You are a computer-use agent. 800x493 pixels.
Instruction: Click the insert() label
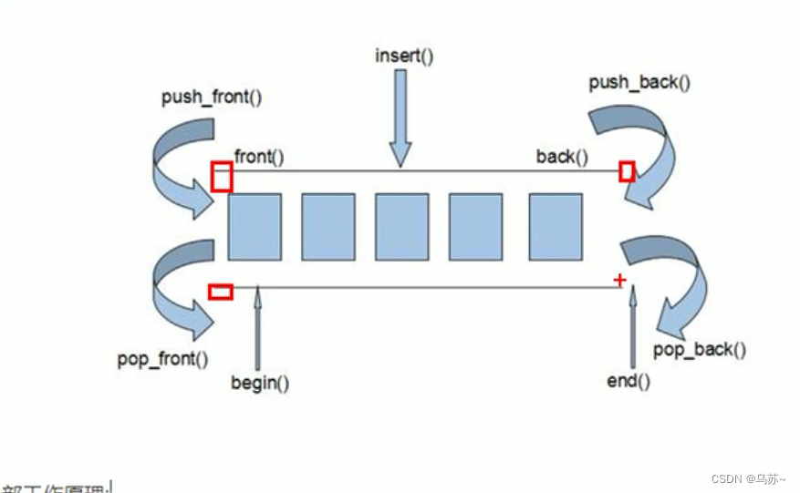(x=404, y=55)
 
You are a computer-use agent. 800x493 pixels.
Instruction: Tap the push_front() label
(x=212, y=96)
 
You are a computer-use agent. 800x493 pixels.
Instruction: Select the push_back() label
(x=639, y=83)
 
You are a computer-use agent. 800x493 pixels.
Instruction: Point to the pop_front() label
(x=162, y=358)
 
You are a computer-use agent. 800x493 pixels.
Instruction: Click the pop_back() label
(x=700, y=349)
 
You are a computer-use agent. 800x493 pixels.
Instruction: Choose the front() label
(x=259, y=157)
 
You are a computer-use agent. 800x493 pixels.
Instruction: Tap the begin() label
(x=259, y=382)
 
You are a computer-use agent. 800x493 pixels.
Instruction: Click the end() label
(x=629, y=380)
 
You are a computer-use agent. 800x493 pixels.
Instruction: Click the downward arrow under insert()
(x=400, y=118)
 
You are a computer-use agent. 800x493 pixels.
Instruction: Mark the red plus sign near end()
(x=620, y=280)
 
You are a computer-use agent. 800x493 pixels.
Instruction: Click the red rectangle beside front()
(x=221, y=177)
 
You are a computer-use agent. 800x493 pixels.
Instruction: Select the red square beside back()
(x=626, y=171)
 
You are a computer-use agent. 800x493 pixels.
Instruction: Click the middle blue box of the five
(x=400, y=226)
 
